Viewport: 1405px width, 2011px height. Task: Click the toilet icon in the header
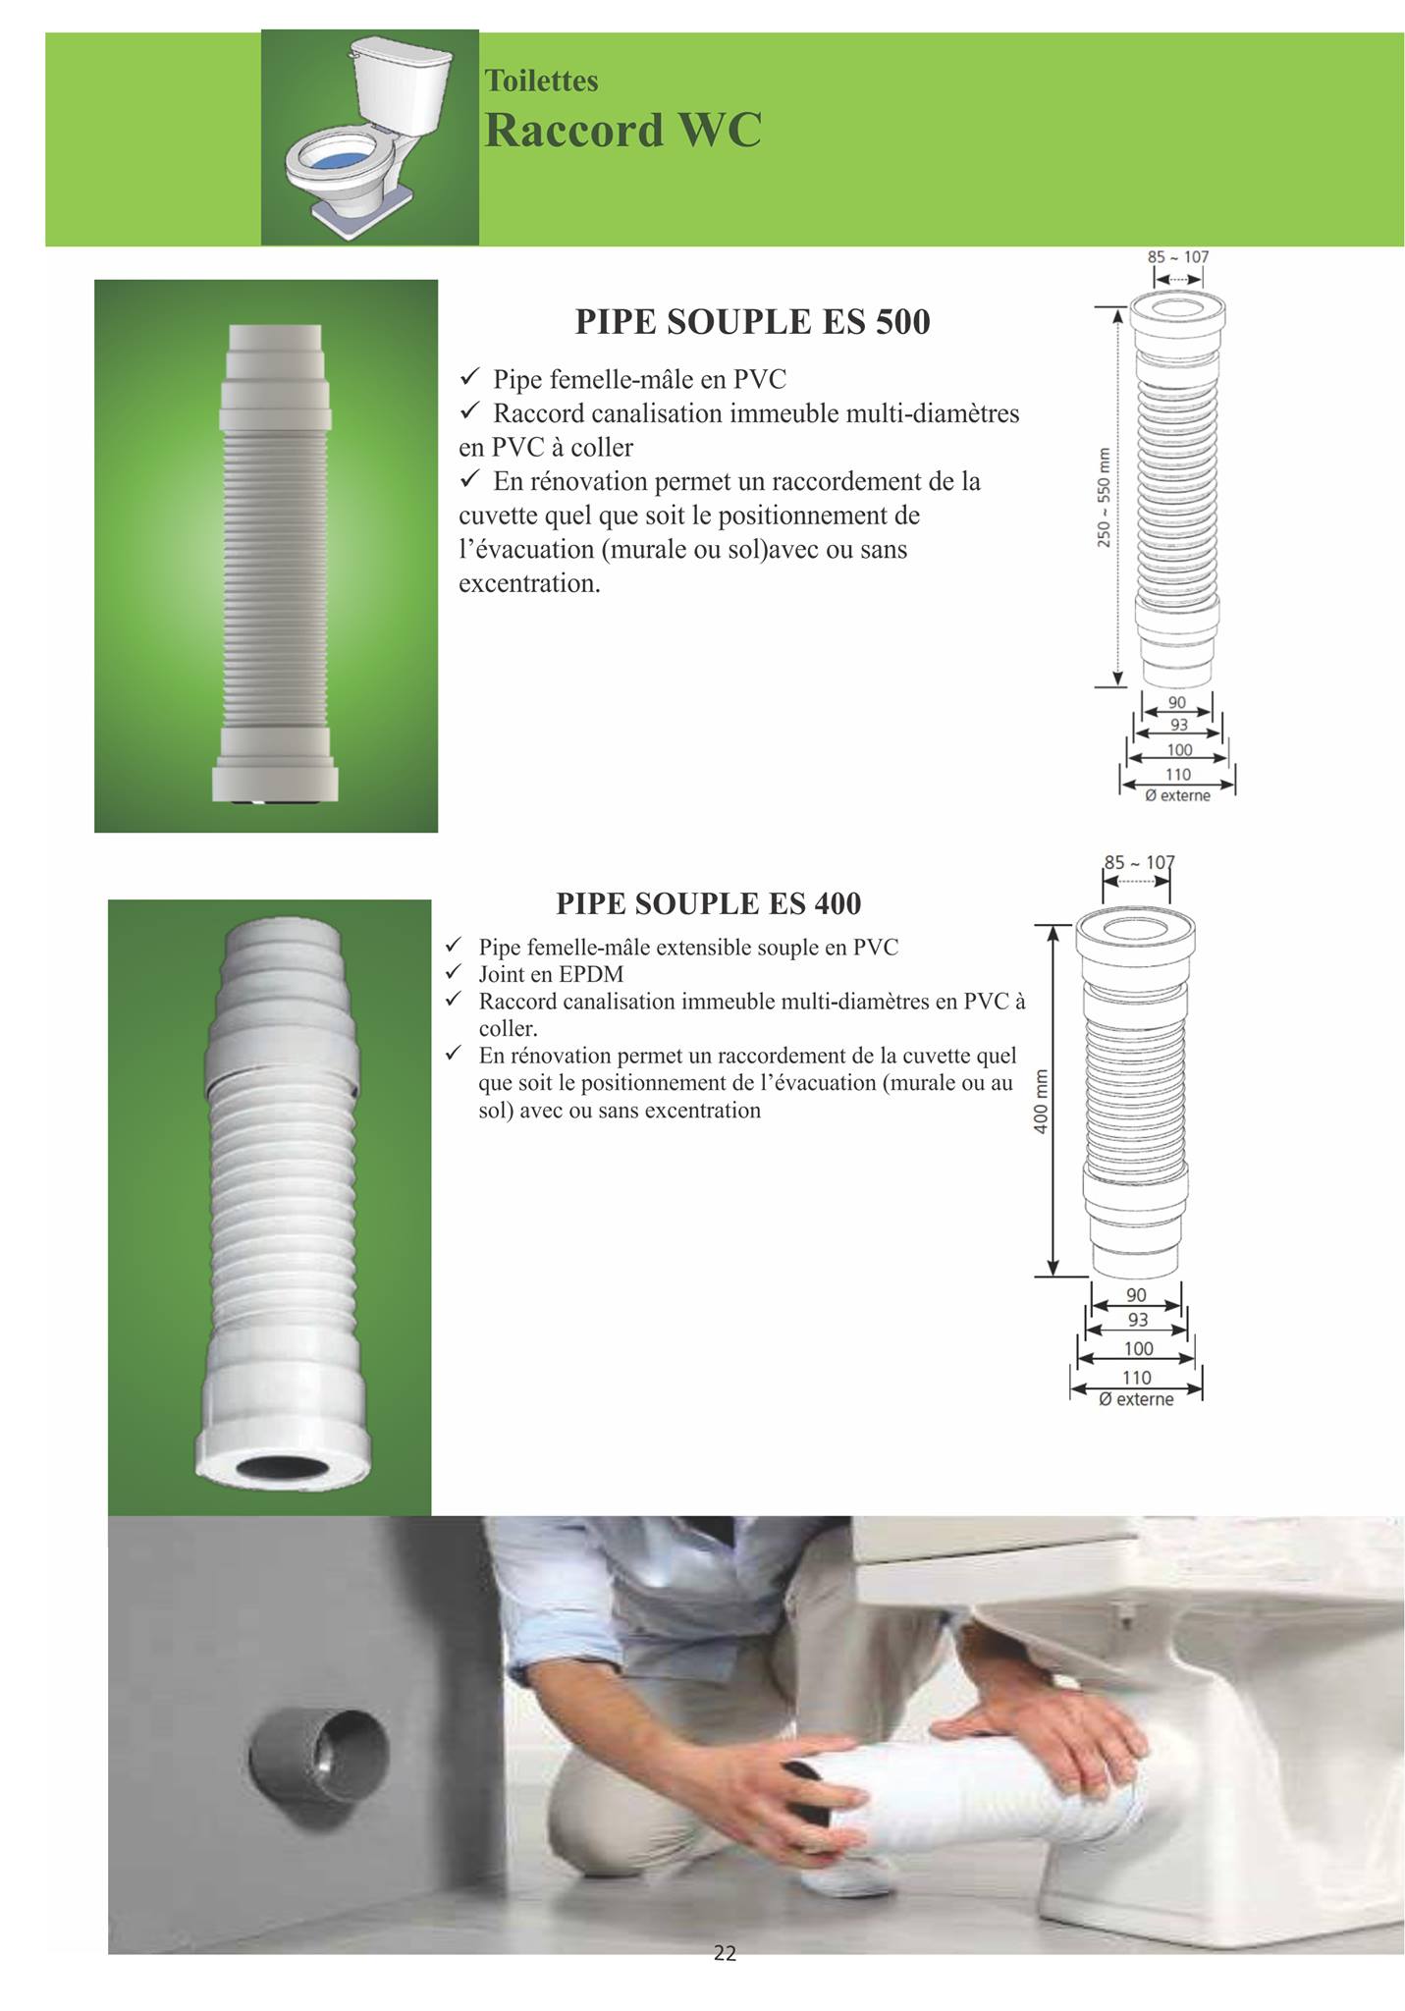tap(369, 136)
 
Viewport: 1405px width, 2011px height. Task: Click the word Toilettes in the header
tap(541, 81)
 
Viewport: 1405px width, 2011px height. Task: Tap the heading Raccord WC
tap(622, 130)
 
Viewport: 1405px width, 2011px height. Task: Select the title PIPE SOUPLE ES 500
tap(752, 322)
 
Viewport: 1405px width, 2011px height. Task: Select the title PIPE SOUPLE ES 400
tap(708, 902)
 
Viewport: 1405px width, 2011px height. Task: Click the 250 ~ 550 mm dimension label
tap(1105, 497)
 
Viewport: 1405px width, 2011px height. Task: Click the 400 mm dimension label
tap(1042, 1101)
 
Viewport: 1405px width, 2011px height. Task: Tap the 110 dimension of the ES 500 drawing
tap(1177, 775)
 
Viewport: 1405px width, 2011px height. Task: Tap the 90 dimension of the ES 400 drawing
tap(1136, 1295)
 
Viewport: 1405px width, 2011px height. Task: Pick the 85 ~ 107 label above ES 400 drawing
tap(1139, 862)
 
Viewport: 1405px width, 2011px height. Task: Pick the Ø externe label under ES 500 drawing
tap(1177, 795)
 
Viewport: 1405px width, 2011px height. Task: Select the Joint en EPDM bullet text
tap(551, 974)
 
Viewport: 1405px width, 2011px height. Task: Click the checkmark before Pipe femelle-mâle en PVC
tap(468, 377)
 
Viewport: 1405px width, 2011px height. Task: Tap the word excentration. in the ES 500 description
tap(529, 583)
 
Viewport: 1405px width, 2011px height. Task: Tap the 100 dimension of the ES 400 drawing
tap(1137, 1348)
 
